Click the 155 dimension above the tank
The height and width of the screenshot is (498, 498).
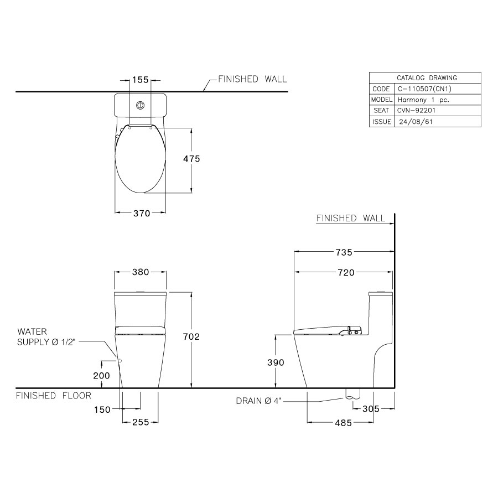(141, 80)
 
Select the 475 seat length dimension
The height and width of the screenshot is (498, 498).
(191, 158)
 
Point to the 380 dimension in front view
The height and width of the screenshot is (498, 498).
(141, 272)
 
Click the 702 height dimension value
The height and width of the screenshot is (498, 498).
(191, 336)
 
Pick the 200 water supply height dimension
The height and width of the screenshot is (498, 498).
(102, 375)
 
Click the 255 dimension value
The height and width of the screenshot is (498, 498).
(141, 423)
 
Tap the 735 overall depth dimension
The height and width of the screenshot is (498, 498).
(343, 252)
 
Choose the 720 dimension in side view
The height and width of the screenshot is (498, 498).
(343, 272)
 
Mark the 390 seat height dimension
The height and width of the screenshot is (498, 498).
(275, 362)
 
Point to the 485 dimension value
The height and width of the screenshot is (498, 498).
(343, 423)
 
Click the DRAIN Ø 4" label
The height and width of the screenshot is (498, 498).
(259, 401)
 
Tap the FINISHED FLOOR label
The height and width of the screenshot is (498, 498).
(53, 396)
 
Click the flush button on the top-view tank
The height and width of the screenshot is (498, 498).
(141, 105)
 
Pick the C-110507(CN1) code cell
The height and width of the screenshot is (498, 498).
(421, 89)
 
